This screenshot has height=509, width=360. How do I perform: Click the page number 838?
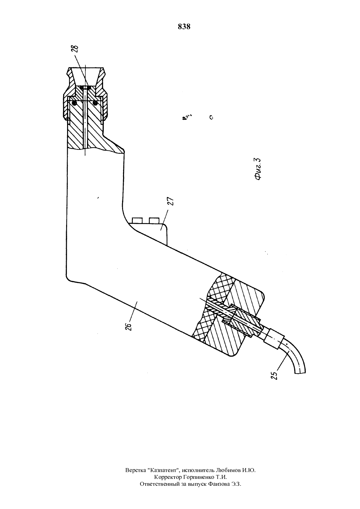pyautogui.click(x=184, y=27)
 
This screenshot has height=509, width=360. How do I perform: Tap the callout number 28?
pyautogui.click(x=76, y=49)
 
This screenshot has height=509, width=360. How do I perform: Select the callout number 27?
pyautogui.click(x=171, y=201)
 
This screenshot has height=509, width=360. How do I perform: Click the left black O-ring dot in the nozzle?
pyautogui.click(x=74, y=103)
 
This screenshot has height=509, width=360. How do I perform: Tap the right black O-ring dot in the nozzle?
pyautogui.click(x=95, y=103)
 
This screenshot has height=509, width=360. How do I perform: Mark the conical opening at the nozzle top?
pyautogui.click(x=85, y=76)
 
